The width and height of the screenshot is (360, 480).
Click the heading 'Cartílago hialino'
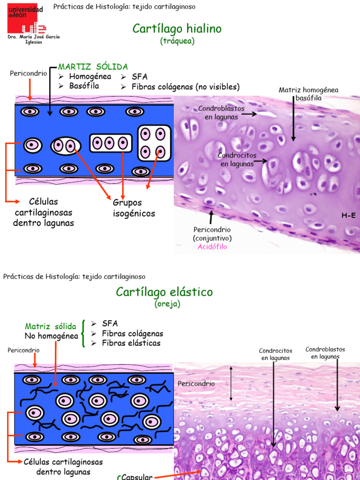[177, 29]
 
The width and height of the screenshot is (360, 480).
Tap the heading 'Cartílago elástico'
[164, 292]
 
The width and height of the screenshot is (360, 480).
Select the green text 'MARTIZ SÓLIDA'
[93, 67]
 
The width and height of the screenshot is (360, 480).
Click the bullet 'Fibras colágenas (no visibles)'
[185, 87]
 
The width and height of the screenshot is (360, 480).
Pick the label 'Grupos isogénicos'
[134, 208]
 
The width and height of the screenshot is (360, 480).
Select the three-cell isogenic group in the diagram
[110, 143]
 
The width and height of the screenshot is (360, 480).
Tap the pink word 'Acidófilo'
[212, 247]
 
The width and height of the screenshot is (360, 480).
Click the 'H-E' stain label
[348, 216]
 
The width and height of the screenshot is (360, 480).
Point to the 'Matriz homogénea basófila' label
[308, 94]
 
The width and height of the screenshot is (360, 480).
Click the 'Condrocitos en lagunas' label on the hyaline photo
[237, 159]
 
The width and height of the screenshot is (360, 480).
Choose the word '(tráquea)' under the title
[177, 41]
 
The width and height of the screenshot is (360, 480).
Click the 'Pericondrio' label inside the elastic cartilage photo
[196, 383]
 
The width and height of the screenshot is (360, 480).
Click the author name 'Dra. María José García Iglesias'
[33, 39]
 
